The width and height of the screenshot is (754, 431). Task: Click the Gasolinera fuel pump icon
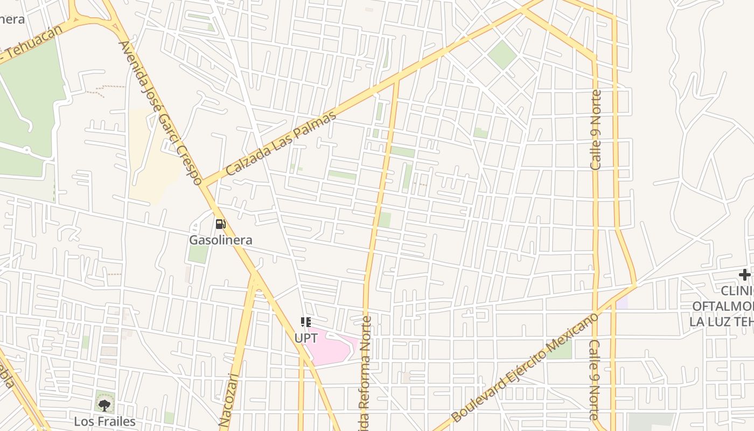tap(220, 224)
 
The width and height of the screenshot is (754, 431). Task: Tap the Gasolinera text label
tap(220, 240)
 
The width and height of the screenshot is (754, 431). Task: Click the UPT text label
tap(305, 338)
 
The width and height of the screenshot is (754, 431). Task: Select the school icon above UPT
tap(305, 322)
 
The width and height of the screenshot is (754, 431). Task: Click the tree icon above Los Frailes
tap(104, 405)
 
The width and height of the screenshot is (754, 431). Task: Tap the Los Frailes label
tap(104, 421)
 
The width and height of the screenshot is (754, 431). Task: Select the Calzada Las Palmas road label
tap(281, 143)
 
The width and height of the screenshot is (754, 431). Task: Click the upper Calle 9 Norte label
tap(596, 130)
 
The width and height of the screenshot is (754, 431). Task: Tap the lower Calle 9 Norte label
tap(595, 380)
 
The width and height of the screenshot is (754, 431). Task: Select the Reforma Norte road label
tap(366, 372)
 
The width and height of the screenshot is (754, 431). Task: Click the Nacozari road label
tap(229, 401)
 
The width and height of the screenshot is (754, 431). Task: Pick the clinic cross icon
tap(744, 275)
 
